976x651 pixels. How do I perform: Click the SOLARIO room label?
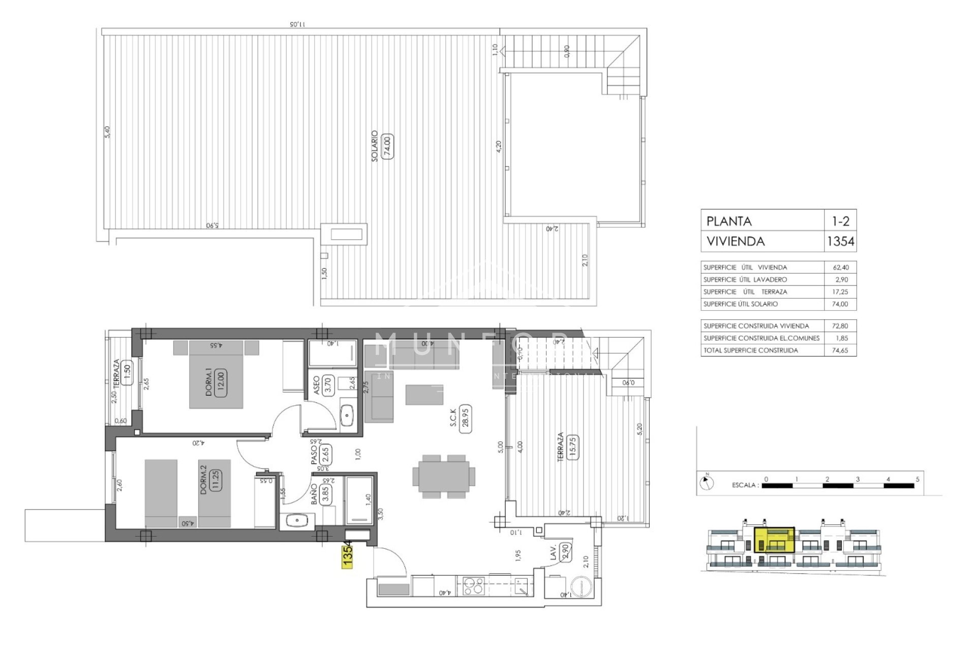375,146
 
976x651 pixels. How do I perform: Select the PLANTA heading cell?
729,221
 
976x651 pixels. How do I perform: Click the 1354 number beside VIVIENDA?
840,241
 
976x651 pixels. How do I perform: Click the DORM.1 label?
208,382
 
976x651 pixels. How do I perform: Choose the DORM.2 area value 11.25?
216,479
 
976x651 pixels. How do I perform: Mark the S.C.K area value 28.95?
464,419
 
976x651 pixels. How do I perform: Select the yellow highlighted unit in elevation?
774,547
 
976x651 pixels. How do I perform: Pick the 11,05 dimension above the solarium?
297,23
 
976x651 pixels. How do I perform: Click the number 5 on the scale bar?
918,479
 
